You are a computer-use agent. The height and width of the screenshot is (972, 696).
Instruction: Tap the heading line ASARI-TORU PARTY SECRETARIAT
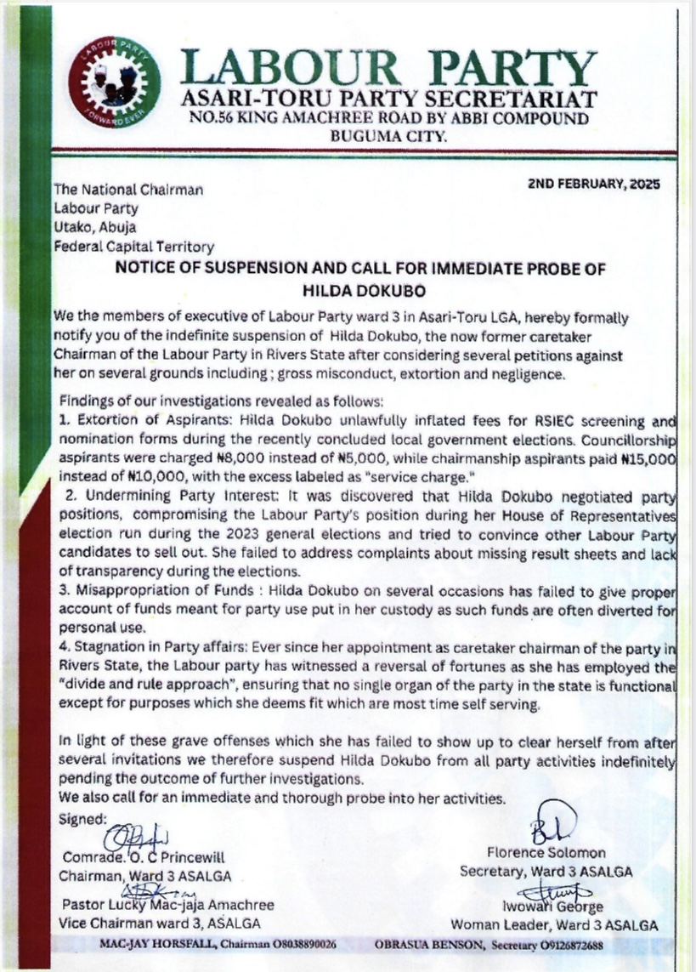(x=388, y=99)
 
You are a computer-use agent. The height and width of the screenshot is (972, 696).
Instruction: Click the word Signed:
(x=81, y=819)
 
